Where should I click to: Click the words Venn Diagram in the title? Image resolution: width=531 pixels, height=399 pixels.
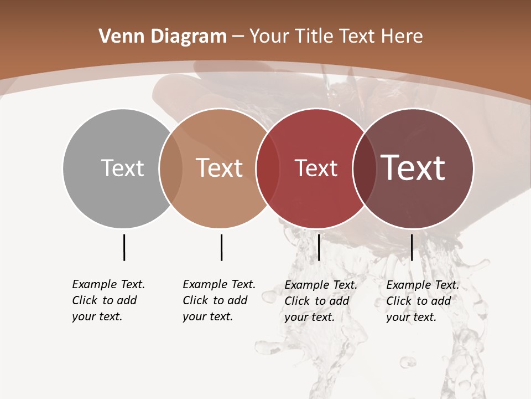[163, 37]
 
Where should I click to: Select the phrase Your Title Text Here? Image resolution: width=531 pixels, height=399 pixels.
[336, 37]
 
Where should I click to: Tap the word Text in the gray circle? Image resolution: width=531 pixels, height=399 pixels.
[122, 168]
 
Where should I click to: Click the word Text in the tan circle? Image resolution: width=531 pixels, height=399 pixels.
[220, 168]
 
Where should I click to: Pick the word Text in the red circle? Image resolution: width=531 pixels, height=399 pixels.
[316, 168]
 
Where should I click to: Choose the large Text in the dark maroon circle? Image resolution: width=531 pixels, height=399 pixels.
[413, 168]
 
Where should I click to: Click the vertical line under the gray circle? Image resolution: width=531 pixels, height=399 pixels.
[124, 247]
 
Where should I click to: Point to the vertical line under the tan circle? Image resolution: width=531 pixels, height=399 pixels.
[221, 247]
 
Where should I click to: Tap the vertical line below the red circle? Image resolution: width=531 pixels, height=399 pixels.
[319, 247]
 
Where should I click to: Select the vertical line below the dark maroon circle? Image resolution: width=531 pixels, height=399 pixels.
[412, 247]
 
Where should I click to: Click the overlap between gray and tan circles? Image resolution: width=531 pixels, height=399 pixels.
[171, 168]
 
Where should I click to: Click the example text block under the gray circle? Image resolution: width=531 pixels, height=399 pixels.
[108, 300]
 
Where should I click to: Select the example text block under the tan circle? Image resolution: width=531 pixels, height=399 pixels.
[219, 300]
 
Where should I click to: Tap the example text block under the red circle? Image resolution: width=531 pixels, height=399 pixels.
[321, 301]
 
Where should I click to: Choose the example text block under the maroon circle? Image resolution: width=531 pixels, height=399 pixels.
[423, 301]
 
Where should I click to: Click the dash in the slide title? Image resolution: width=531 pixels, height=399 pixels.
[238, 37]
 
